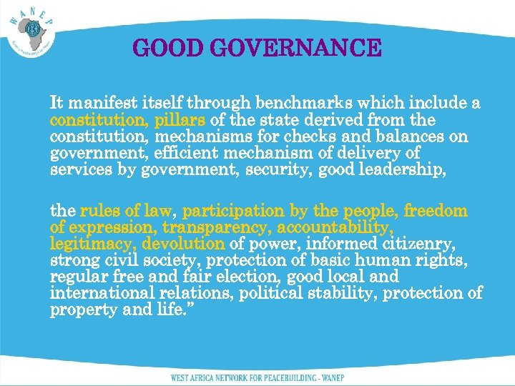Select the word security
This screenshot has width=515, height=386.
283,169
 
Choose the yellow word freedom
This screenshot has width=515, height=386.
435,211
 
